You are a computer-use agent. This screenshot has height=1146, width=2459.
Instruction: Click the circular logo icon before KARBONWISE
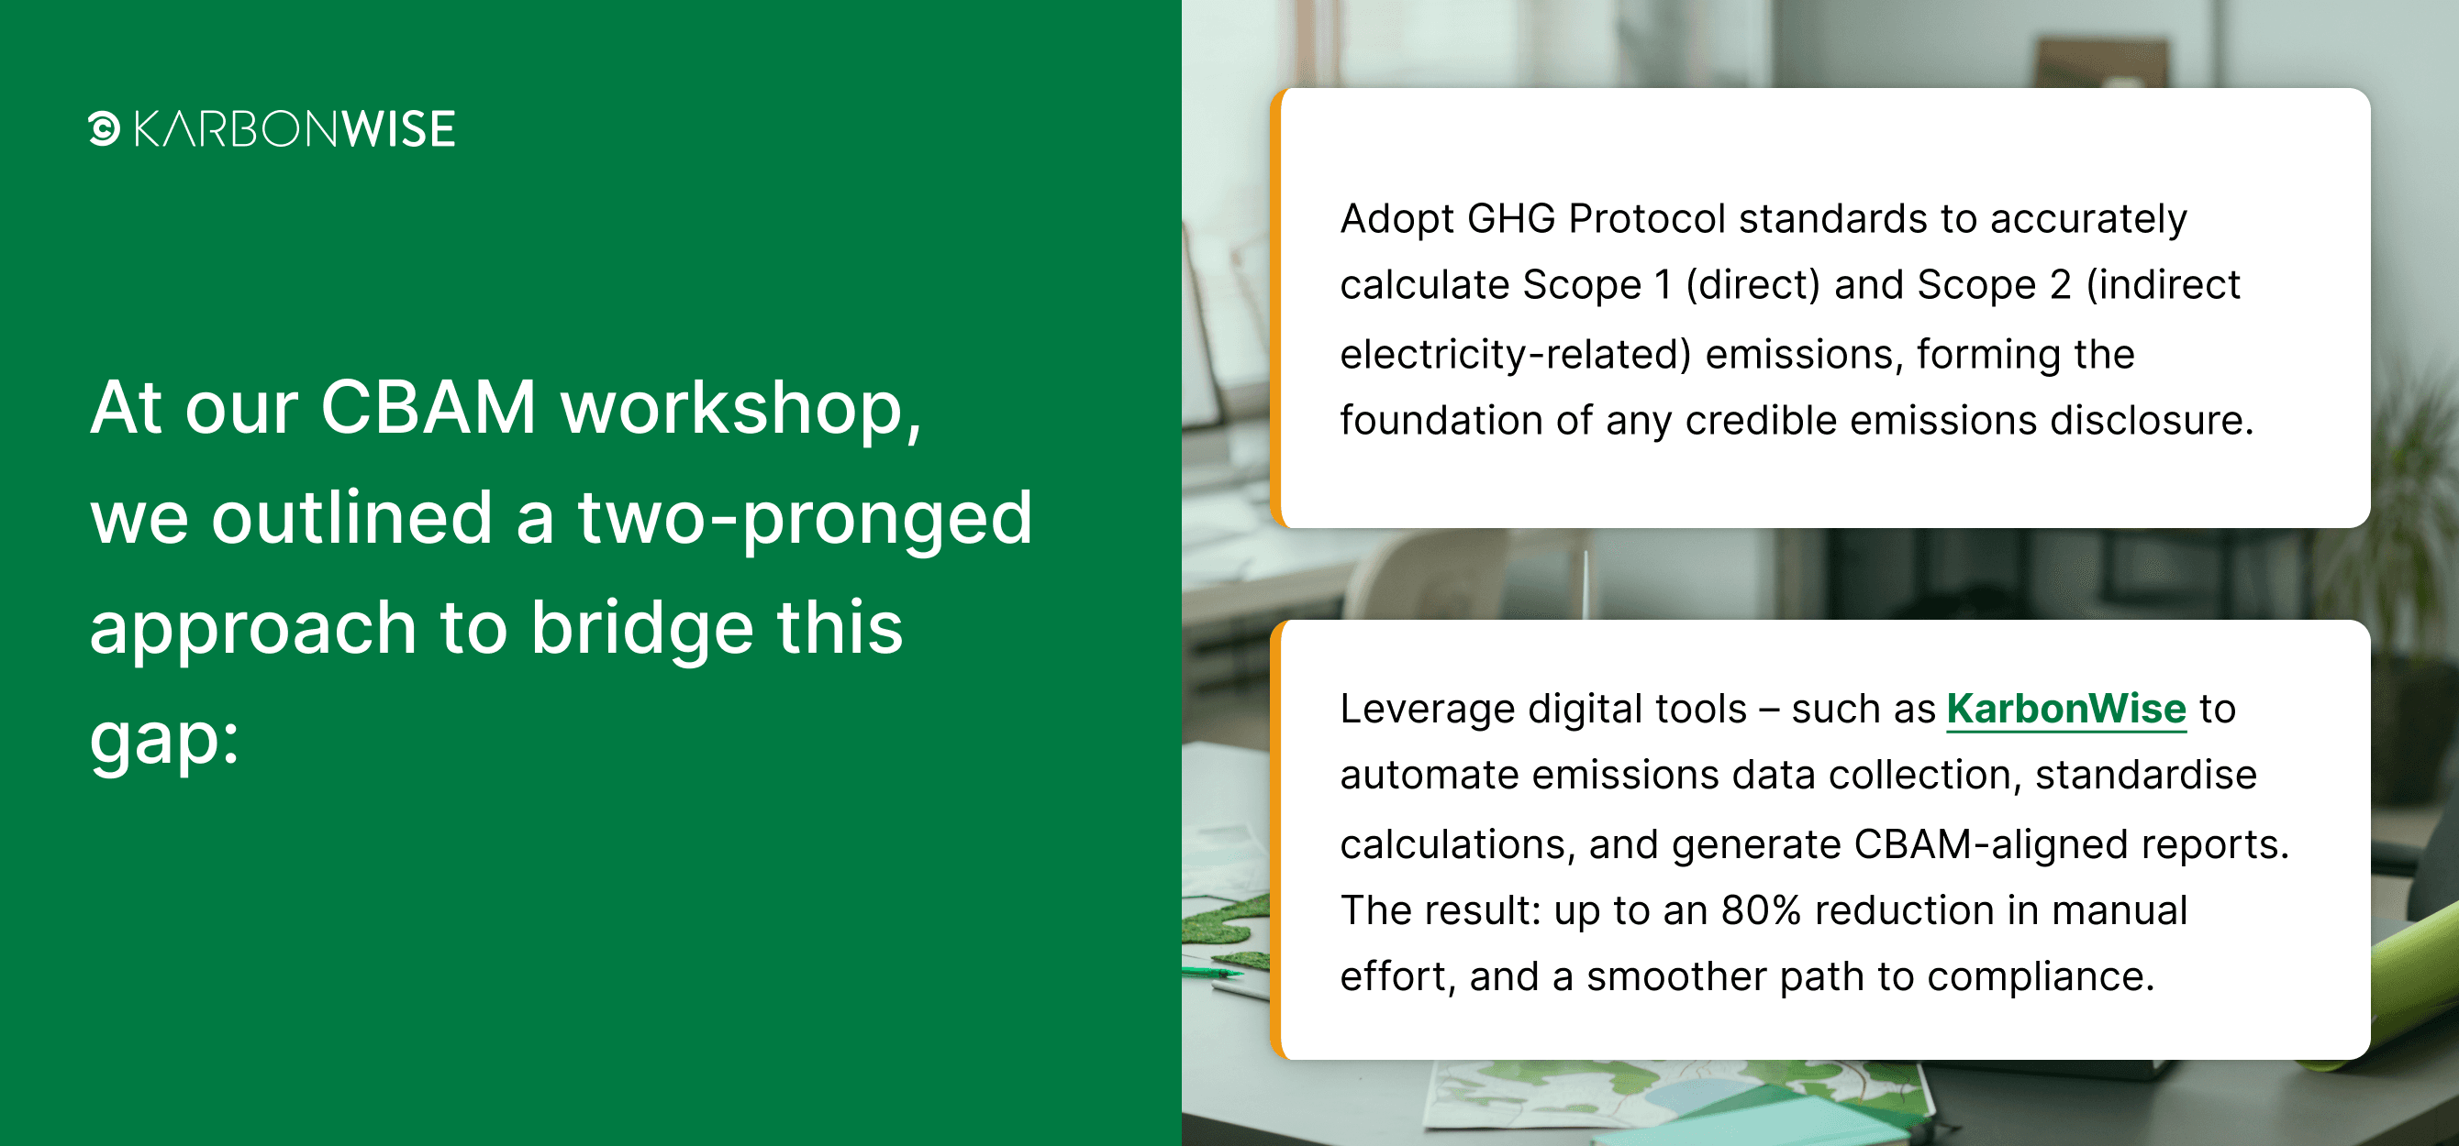[104, 129]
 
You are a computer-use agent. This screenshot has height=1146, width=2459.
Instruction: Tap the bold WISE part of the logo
[399, 129]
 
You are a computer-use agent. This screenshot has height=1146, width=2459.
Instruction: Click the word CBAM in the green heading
[428, 407]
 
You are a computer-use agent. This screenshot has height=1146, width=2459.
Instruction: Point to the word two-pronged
[805, 521]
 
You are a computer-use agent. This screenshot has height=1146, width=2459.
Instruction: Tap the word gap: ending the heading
[164, 741]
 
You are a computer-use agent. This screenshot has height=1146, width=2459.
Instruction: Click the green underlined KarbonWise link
[2066, 709]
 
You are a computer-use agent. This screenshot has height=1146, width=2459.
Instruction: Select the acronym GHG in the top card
[1511, 218]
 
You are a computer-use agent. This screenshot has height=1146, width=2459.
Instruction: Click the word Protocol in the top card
[1648, 218]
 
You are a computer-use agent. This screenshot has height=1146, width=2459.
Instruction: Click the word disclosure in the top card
[2153, 420]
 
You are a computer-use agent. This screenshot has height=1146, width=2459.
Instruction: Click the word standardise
[2146, 775]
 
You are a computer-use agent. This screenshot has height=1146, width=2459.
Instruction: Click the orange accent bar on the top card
[1276, 308]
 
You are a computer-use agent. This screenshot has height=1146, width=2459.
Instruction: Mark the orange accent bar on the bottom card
[1276, 840]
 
